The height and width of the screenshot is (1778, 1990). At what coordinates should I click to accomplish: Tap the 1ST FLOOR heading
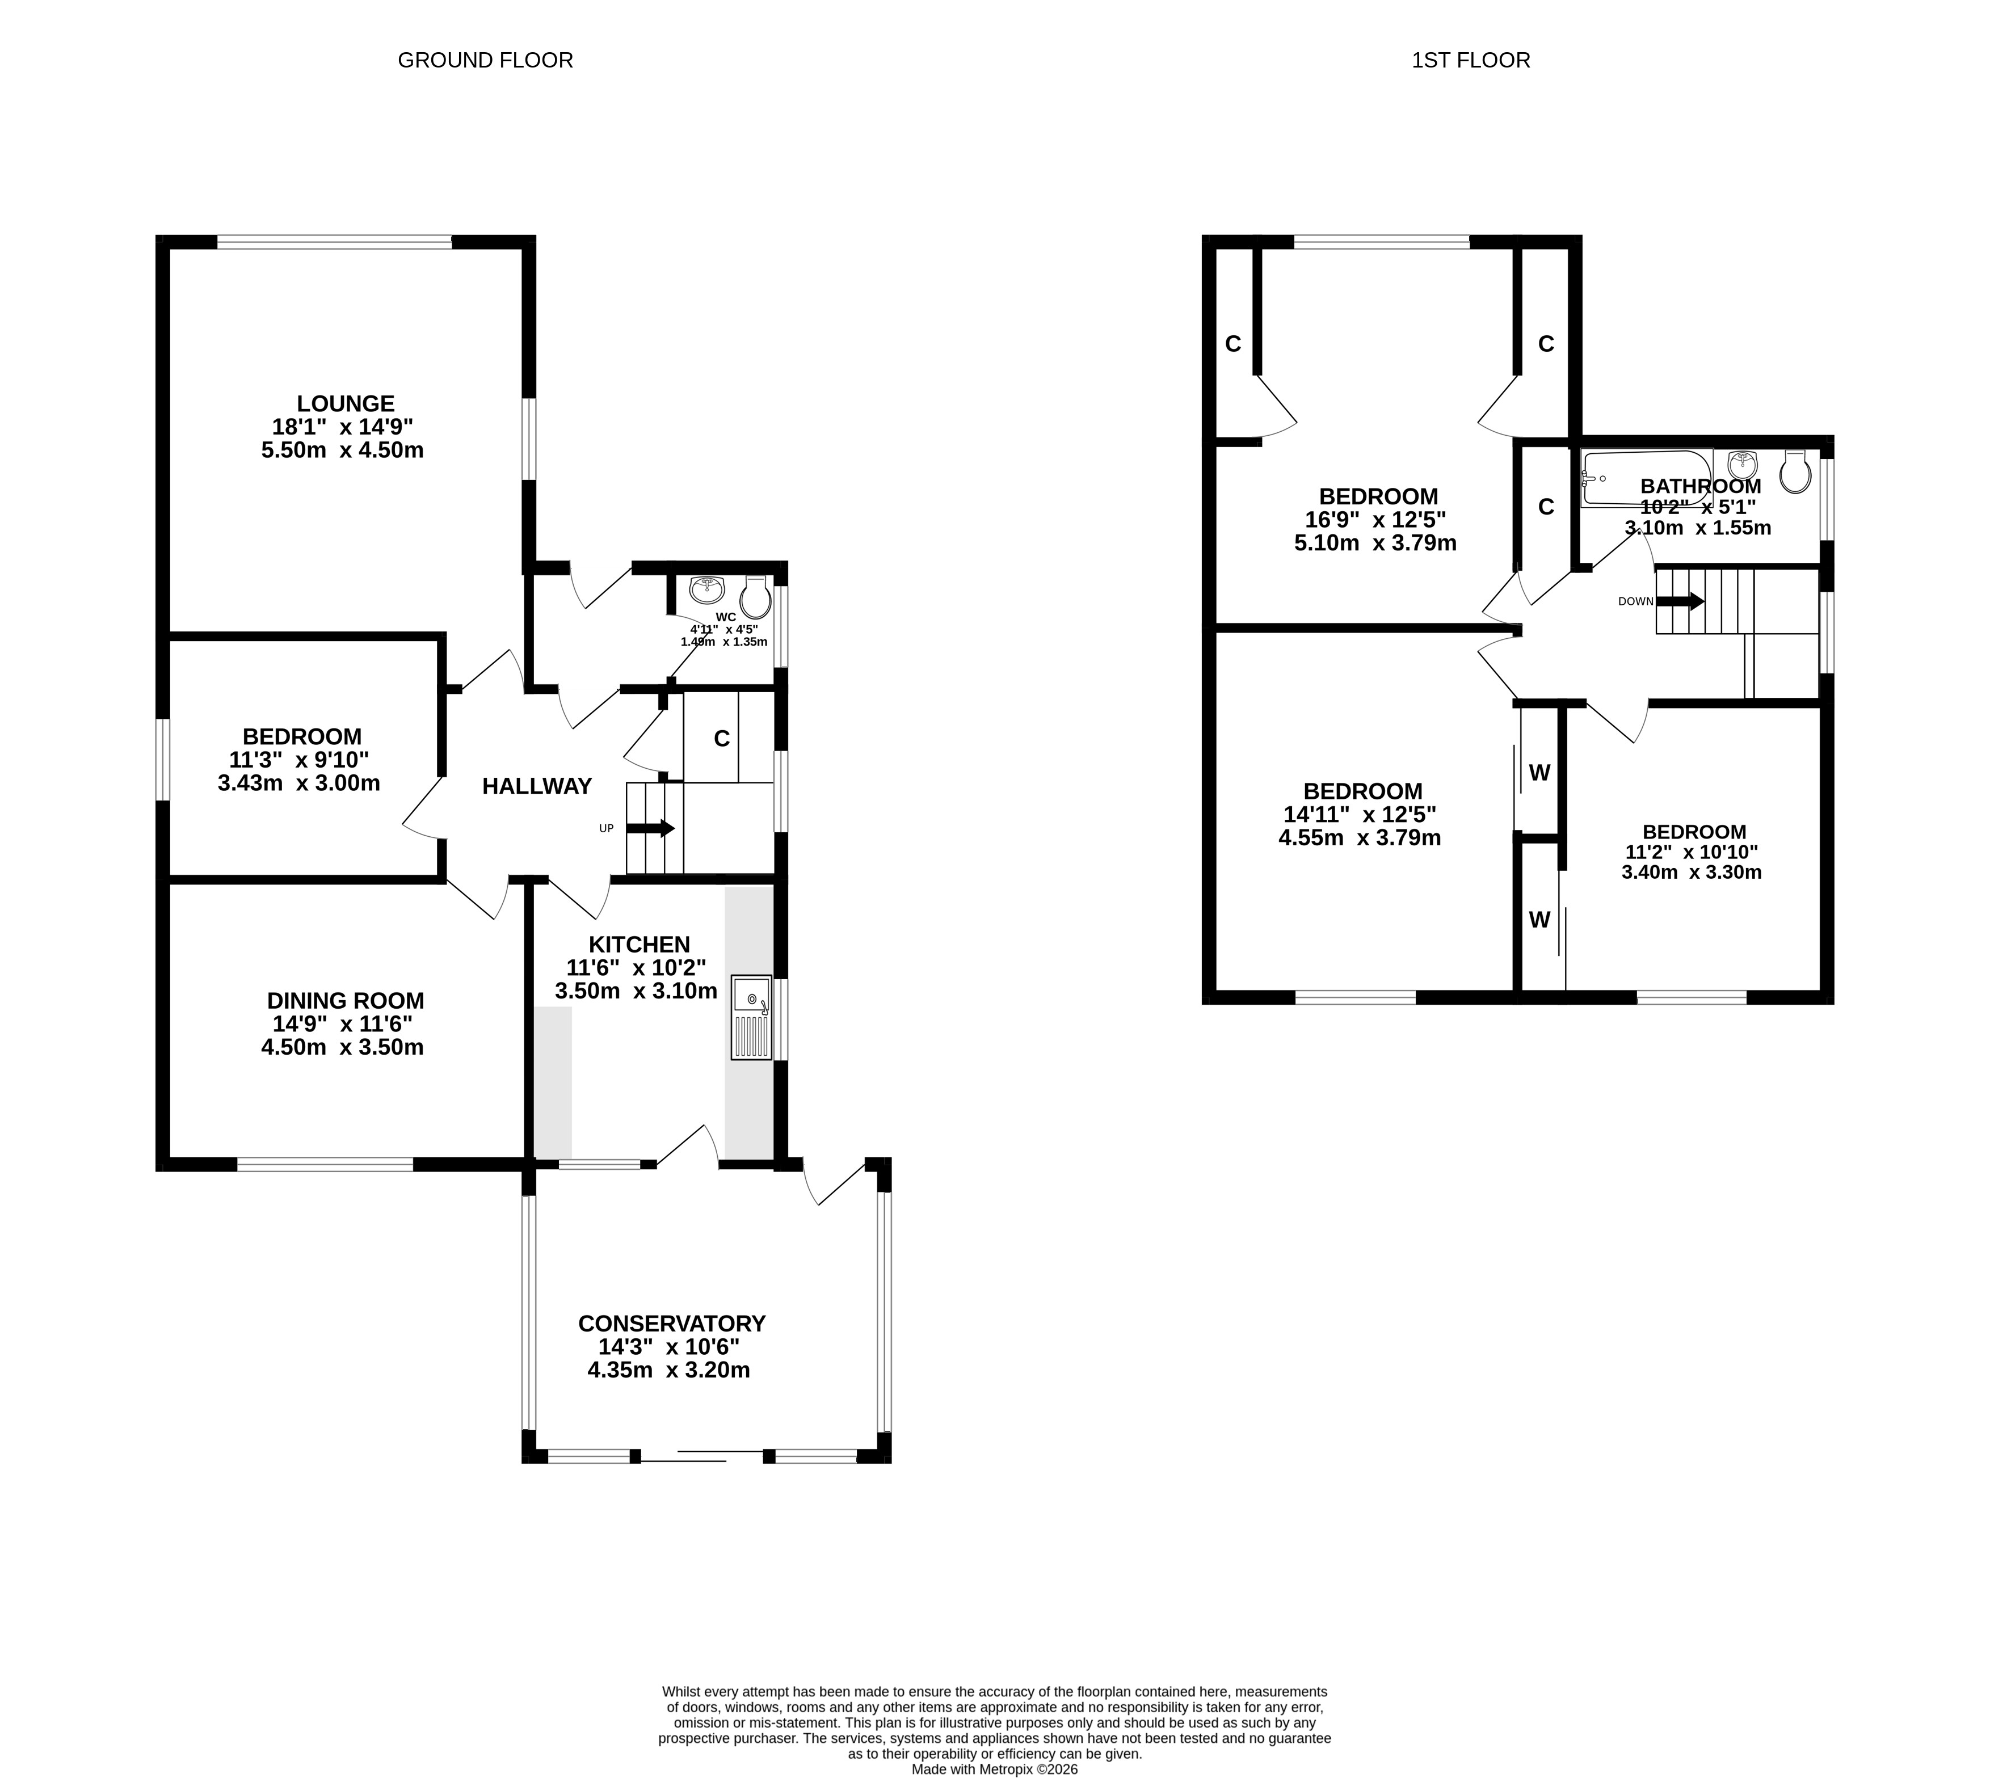[x=1470, y=61]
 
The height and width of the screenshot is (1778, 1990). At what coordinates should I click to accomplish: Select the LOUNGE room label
[x=346, y=403]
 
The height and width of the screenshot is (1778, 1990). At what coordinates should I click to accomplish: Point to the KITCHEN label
[x=639, y=945]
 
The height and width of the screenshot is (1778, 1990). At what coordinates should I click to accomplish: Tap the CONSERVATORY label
[x=672, y=1324]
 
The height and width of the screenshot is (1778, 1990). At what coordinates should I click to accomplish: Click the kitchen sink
[x=750, y=1017]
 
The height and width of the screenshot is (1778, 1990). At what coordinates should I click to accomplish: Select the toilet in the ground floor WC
[x=755, y=596]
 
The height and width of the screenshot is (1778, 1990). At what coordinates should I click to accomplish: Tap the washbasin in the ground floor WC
[x=706, y=589]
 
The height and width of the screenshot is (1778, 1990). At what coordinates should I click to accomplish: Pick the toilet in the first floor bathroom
[x=1795, y=472]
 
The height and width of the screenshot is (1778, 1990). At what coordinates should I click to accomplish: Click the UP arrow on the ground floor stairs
[x=650, y=828]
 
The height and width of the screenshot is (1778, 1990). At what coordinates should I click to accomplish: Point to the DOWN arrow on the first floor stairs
[x=1680, y=601]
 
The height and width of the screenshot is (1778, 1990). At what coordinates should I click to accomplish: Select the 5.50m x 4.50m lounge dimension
[x=342, y=450]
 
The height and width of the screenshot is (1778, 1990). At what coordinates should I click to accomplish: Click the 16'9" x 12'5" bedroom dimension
[x=1375, y=520]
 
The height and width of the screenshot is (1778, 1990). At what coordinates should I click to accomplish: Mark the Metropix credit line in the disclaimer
[x=995, y=1769]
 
